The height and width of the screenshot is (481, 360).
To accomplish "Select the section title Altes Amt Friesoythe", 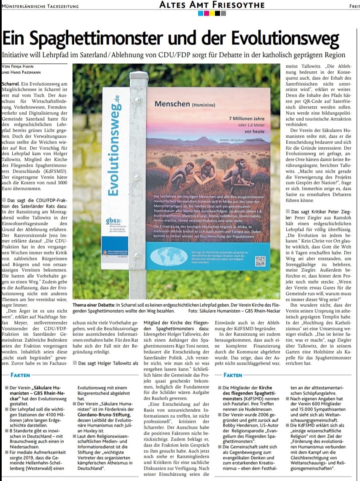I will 211,5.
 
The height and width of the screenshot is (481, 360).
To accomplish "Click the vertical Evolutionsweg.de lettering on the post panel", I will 113,140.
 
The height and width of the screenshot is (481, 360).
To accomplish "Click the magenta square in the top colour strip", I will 206,13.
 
